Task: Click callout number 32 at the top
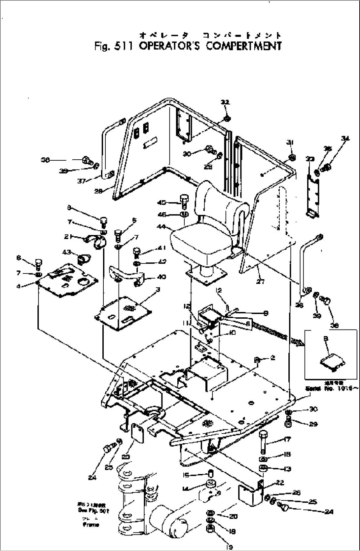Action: (225, 103)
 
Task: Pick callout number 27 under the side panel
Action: (260, 282)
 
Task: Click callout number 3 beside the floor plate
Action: (158, 290)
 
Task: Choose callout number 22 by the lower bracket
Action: (280, 483)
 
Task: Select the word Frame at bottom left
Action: (91, 525)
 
